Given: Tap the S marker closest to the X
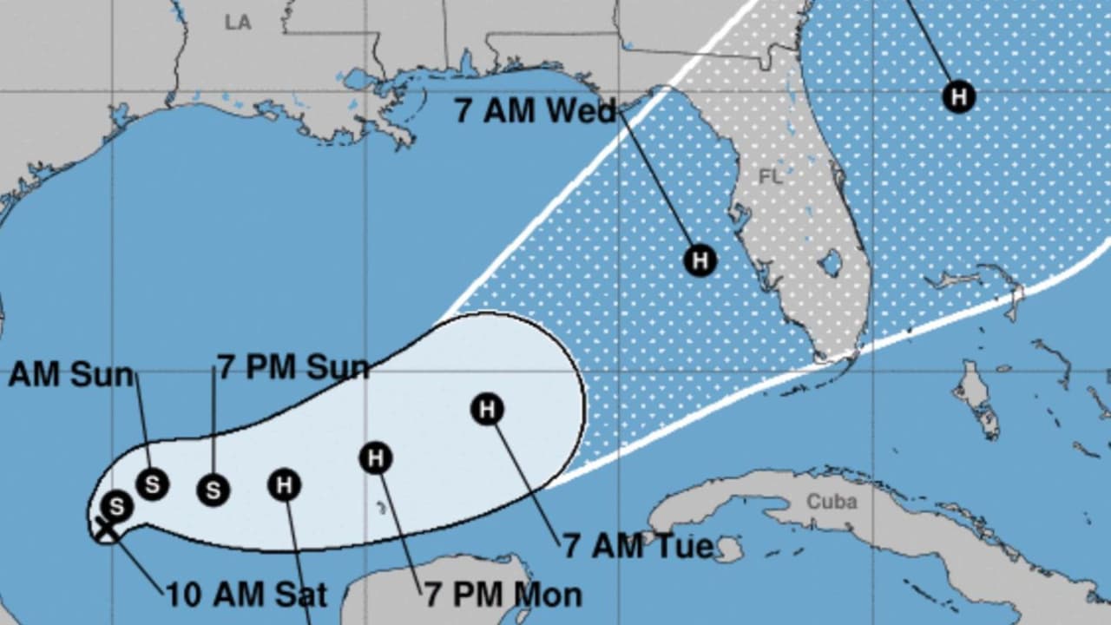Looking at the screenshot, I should coord(116,505).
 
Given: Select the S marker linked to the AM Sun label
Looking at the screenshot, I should coord(152,484).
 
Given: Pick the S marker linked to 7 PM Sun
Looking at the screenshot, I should coord(213,490).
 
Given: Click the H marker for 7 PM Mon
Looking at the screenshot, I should coord(376,457).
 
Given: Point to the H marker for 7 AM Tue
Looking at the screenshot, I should coord(487,409).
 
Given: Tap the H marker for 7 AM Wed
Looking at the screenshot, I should coord(700,260).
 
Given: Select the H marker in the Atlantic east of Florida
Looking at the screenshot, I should coord(958,95).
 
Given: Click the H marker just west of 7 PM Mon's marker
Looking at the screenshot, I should coord(284,485).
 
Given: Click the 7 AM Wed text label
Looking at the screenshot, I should coord(535,111).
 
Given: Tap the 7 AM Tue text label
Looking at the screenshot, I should coord(638,546).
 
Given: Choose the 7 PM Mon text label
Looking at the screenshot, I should coord(503,595).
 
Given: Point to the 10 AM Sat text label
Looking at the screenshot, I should coord(247,595).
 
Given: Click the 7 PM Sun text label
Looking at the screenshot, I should coord(293,367).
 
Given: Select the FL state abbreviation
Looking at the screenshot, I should coord(771,177).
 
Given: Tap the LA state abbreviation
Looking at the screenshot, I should coord(238,23).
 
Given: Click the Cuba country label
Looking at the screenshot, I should coord(832,502).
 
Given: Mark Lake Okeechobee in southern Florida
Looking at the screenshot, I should coord(831,261).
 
